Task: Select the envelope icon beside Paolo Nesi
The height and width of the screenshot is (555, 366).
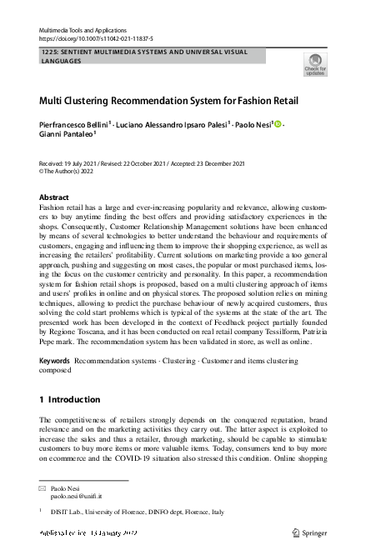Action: tap(43, 487)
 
